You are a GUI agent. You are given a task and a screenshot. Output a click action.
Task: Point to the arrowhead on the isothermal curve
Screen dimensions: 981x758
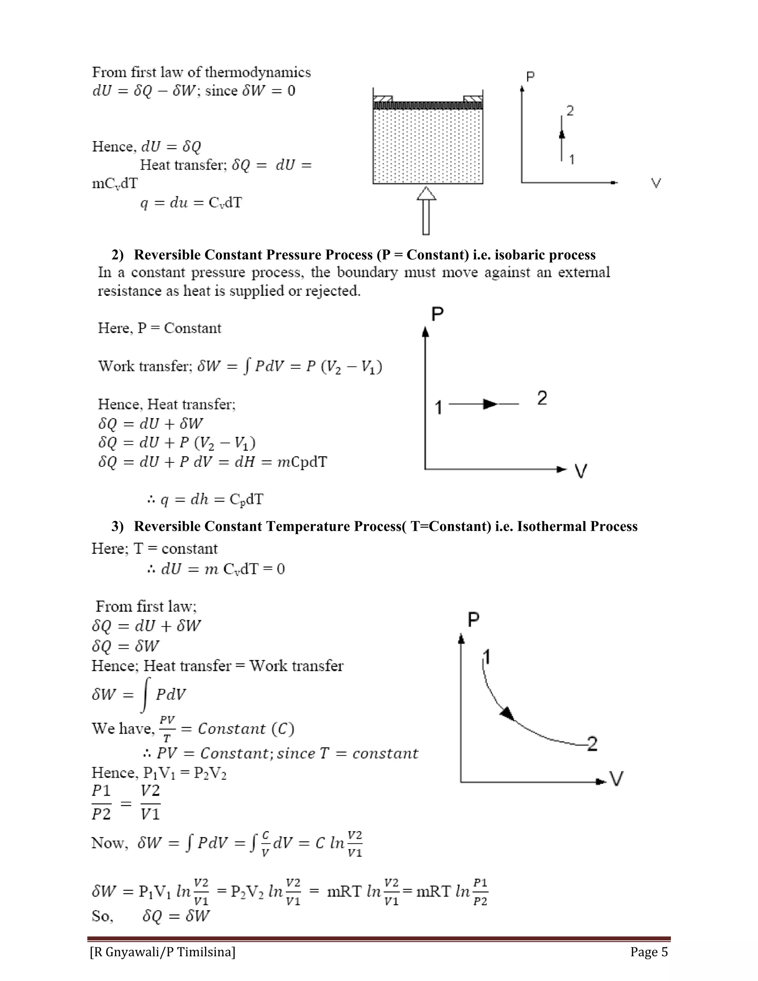[x=507, y=713]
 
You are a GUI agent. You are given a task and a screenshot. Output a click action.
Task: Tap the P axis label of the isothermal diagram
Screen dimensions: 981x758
[x=473, y=619]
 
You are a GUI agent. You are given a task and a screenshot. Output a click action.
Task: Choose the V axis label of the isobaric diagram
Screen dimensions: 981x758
[x=581, y=471]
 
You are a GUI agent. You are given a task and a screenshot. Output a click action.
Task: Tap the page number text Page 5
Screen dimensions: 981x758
[x=649, y=952]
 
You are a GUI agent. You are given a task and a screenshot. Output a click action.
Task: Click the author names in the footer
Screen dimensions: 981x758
[x=162, y=952]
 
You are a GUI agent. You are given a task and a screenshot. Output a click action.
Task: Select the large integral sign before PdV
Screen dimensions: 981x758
[x=145, y=694]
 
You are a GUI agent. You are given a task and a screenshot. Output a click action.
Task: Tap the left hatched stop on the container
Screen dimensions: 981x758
[x=383, y=99]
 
